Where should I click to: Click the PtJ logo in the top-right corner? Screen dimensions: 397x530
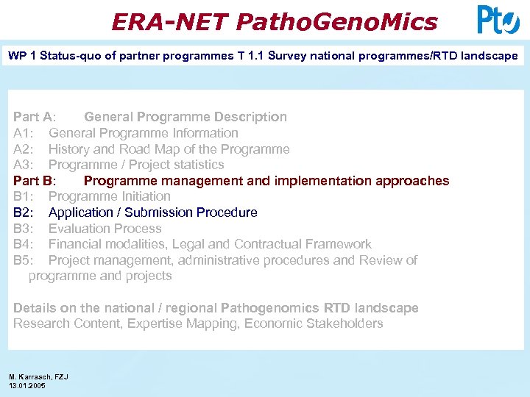[498, 20]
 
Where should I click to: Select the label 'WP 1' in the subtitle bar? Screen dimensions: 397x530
[22, 56]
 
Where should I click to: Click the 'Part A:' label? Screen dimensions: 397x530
[34, 117]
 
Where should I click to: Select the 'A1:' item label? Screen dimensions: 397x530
[24, 133]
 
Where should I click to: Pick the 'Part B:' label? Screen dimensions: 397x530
[34, 181]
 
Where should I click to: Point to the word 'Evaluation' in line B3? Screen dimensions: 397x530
[80, 229]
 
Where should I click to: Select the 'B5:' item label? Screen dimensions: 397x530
[24, 260]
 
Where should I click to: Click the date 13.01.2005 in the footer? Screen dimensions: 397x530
[27, 385]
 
